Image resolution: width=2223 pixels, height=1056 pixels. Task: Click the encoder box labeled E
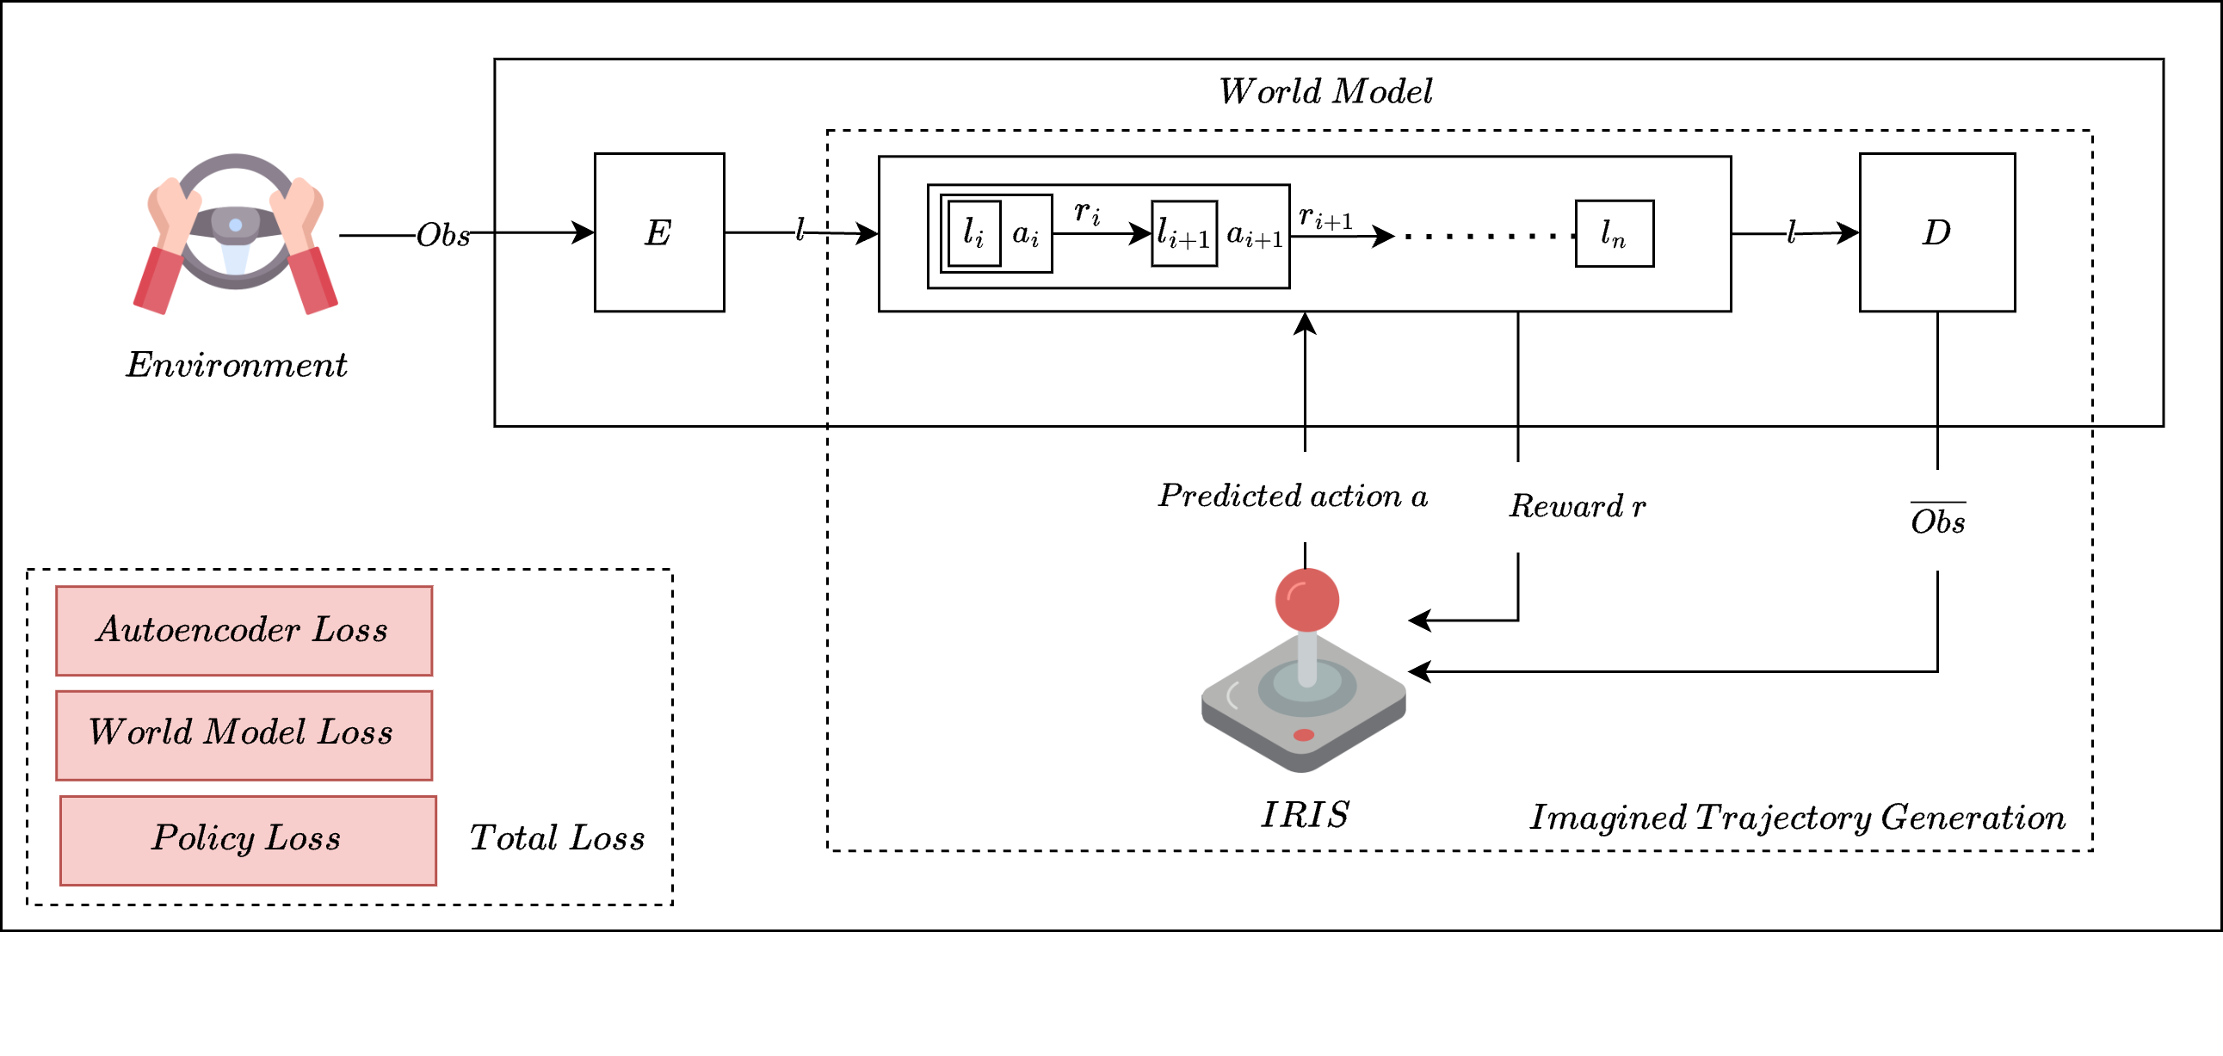pos(658,232)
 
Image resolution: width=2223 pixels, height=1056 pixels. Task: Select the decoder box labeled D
pos(1936,232)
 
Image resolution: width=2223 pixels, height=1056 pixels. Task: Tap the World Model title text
pos(1325,91)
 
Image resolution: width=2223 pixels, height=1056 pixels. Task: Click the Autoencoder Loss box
pos(244,631)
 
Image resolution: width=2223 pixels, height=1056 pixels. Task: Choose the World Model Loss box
pos(244,734)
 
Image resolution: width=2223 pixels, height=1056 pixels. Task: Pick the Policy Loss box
pos(248,839)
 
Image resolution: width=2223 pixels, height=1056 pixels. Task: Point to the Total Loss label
pos(557,837)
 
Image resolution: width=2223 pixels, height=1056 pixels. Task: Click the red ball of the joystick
pos(1306,599)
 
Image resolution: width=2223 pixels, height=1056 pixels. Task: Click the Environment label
pos(236,365)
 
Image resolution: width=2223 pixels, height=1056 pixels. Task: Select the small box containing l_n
pos(1614,234)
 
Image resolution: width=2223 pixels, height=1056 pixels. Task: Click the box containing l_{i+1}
pos(1184,234)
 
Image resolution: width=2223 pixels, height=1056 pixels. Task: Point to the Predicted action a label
pos(1292,496)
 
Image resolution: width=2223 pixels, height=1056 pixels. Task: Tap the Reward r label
pos(1577,506)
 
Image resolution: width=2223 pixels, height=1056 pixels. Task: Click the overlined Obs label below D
pos(1937,521)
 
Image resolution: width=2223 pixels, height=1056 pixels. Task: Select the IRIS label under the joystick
pos(1304,814)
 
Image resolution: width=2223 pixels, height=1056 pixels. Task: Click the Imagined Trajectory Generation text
pos(1797,817)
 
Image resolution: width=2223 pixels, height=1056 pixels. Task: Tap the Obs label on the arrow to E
pos(442,235)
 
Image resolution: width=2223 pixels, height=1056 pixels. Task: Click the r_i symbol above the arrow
pos(1087,212)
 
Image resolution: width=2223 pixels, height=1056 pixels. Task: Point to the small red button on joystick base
pos(1303,735)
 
